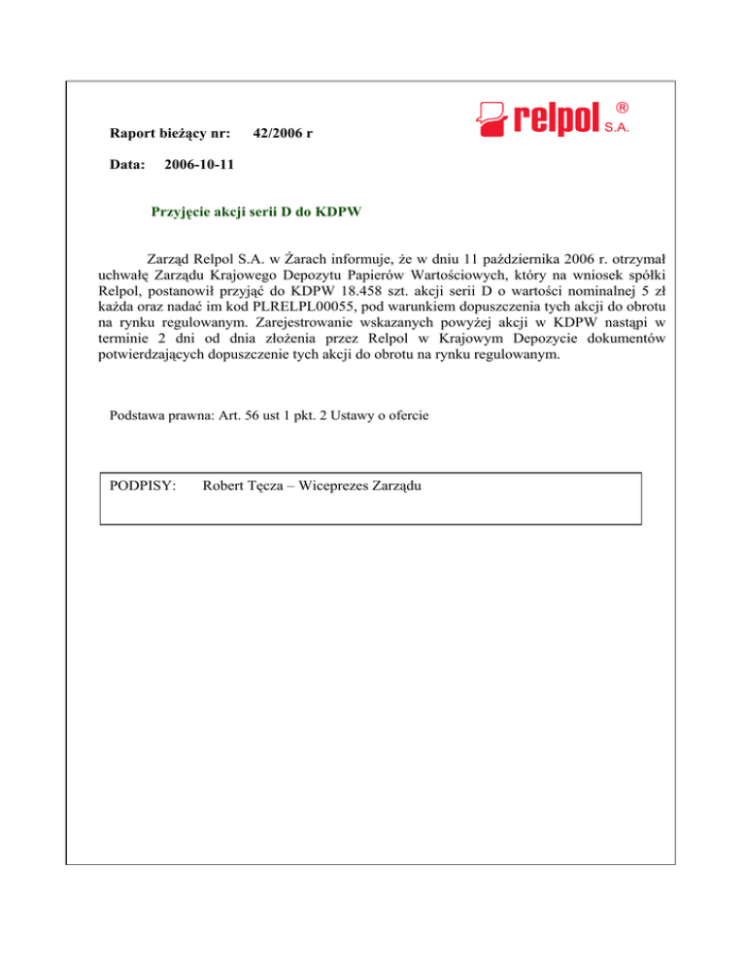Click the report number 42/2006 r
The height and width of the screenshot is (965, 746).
point(282,132)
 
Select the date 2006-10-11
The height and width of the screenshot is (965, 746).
point(199,165)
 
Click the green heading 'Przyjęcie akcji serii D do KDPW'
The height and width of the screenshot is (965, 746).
point(257,212)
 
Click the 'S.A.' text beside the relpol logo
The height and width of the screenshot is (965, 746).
point(620,126)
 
